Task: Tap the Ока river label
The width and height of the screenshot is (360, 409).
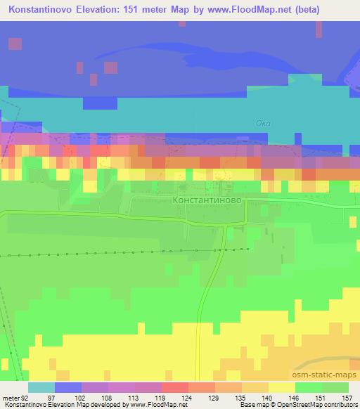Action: (262, 124)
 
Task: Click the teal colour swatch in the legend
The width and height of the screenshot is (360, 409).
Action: (41, 387)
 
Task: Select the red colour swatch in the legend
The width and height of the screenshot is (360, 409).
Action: (175, 387)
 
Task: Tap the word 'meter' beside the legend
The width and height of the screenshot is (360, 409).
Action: (10, 397)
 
